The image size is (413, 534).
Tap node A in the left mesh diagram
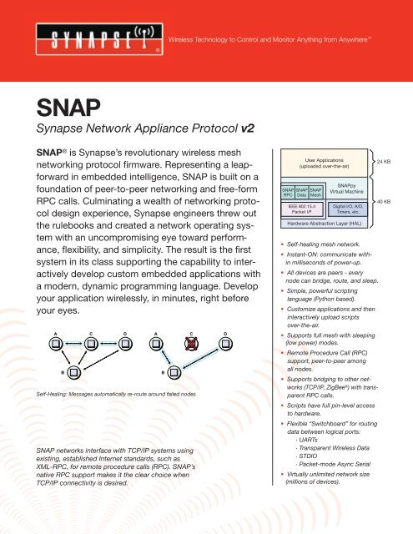tap(33, 339)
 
